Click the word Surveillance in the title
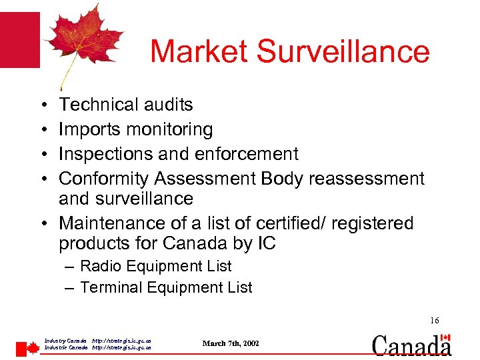click(x=344, y=51)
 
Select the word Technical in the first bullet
click(x=97, y=105)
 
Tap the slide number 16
click(x=434, y=321)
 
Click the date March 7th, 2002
click(x=231, y=343)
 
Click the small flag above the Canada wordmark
click(x=446, y=338)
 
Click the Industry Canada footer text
click(x=65, y=340)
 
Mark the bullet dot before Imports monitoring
click(x=42, y=129)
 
